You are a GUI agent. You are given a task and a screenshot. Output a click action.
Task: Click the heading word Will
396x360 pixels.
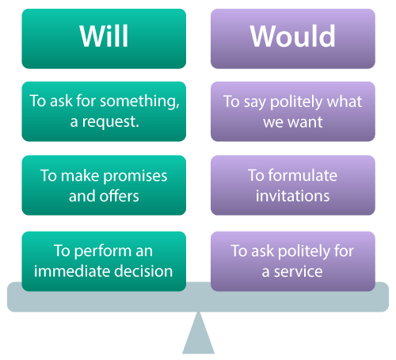[104, 36]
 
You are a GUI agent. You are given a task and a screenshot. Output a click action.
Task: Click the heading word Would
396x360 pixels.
[293, 36]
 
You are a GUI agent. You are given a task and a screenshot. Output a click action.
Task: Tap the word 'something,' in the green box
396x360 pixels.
[139, 101]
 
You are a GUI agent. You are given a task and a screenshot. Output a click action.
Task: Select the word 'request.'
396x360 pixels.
[110, 122]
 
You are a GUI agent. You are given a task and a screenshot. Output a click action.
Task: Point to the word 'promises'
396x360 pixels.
[135, 177]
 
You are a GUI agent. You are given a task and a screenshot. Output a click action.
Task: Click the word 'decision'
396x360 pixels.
[143, 271]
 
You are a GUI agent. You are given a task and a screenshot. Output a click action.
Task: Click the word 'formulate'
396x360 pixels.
[303, 175]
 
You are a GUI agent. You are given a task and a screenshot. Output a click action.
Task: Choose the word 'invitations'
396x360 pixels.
[292, 196]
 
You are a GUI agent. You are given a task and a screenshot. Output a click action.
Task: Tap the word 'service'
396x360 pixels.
[298, 272]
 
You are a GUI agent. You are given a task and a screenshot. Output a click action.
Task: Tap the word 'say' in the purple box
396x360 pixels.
[254, 103]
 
